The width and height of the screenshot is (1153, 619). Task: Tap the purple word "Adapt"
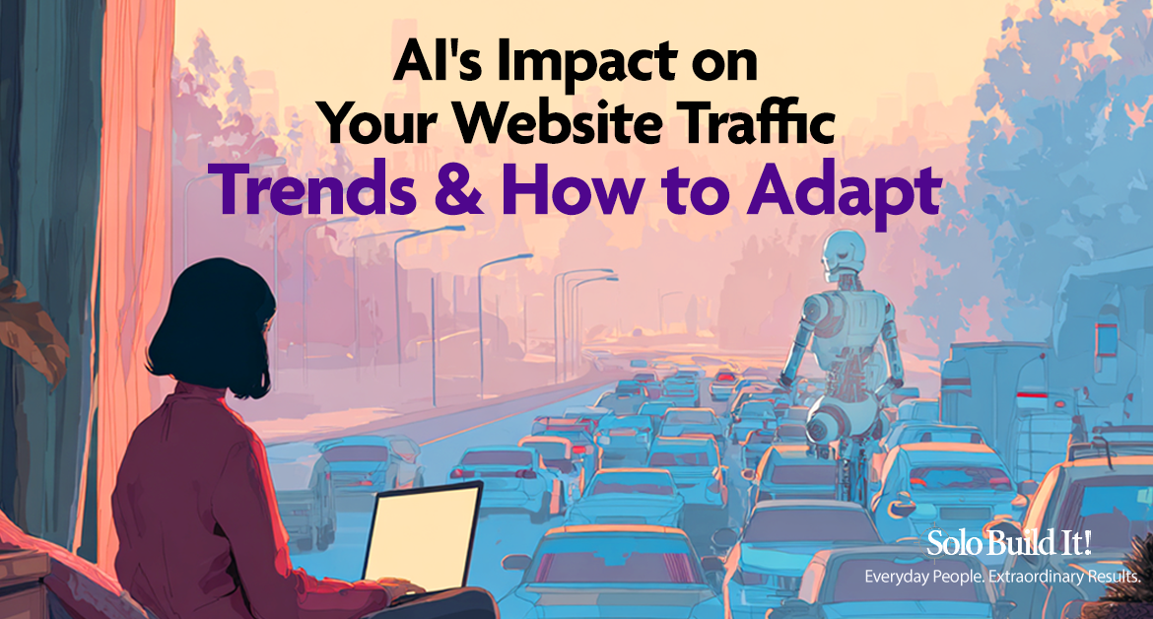845,191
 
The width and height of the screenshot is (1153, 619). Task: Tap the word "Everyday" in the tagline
897,577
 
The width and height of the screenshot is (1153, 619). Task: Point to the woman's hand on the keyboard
398,588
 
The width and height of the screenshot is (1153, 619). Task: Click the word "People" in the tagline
958,577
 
